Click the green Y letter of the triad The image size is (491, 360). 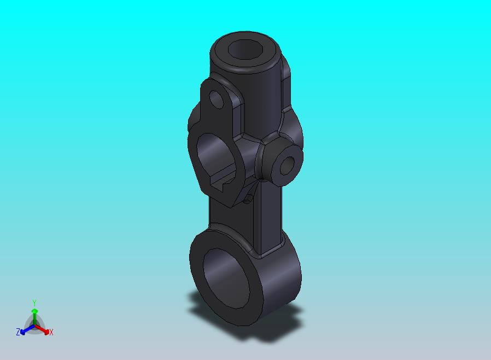tap(34, 303)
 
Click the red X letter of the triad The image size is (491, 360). tap(51, 332)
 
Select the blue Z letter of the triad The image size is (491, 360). tap(18, 332)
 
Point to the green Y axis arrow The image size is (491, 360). tap(34, 314)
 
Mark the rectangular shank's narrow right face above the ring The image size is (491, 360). tap(273, 219)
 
